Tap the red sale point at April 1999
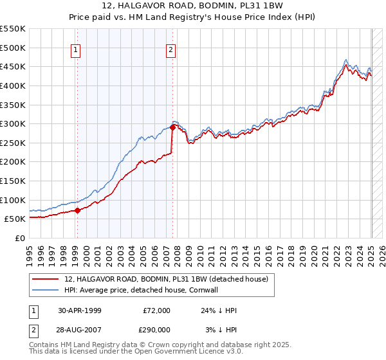77,210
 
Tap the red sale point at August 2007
173,127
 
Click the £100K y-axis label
13,200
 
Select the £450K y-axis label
13,66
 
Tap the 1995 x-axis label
30,250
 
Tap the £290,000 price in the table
156,328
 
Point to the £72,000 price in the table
156,310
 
